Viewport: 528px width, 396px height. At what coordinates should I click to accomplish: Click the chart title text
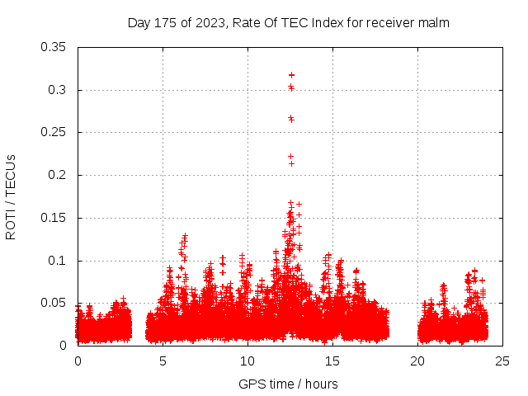click(288, 23)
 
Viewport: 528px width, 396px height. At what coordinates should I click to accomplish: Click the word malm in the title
click(435, 23)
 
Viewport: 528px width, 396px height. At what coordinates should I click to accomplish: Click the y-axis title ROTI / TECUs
click(11, 196)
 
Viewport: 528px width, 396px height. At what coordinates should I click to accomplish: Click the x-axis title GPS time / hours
click(288, 384)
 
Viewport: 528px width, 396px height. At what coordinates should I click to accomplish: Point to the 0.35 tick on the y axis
click(56, 47)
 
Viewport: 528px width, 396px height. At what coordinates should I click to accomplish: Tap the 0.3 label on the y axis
click(60, 90)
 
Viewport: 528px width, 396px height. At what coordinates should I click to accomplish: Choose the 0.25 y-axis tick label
click(56, 133)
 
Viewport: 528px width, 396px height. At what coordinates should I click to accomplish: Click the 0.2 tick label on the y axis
click(60, 176)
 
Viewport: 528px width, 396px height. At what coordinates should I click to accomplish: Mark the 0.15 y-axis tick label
click(56, 219)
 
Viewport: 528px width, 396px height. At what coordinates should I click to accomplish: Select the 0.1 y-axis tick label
click(60, 262)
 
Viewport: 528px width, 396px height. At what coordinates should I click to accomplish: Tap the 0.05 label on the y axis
click(56, 304)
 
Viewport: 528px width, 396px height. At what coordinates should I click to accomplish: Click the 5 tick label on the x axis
click(163, 361)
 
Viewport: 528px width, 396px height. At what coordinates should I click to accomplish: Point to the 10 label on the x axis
click(248, 361)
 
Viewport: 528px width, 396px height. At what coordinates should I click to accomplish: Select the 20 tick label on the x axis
click(418, 361)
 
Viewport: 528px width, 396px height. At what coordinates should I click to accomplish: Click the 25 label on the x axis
click(503, 361)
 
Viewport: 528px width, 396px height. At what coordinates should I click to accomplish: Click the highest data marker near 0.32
click(291, 75)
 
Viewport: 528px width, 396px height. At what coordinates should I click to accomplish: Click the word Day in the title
click(139, 23)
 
